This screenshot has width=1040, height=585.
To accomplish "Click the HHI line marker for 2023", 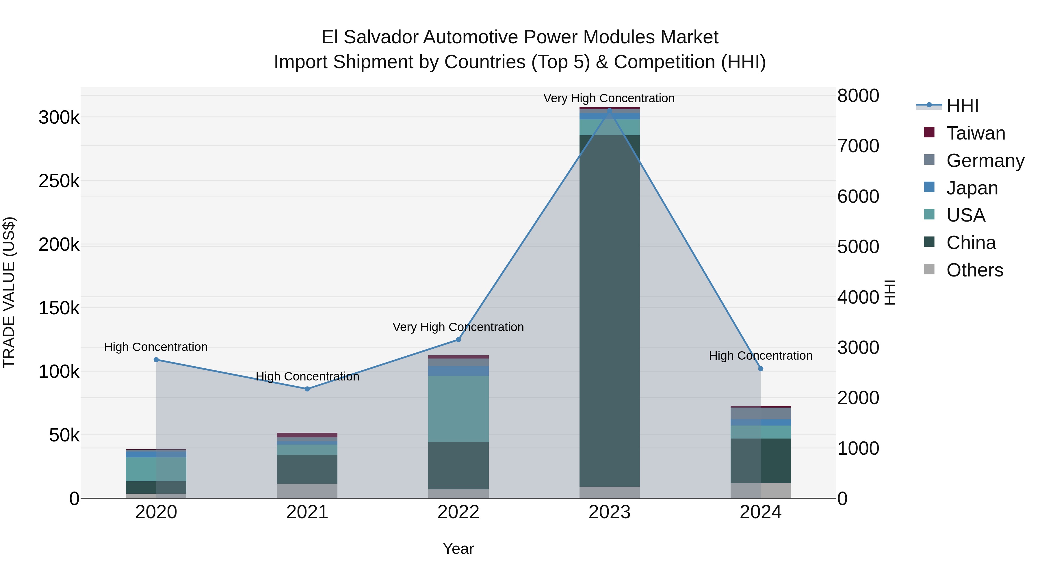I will [x=609, y=110].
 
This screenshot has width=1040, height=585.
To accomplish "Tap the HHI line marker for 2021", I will [x=307, y=389].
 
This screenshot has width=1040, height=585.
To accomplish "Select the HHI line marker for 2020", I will [x=156, y=360].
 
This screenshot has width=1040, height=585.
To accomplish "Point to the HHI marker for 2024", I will [x=761, y=369].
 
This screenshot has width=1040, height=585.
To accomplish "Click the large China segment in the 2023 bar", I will [x=609, y=311].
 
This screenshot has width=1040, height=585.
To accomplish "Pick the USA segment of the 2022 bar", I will [x=458, y=408].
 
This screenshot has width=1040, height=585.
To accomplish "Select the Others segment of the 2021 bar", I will [x=307, y=491].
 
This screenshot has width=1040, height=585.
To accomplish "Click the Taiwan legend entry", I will [x=975, y=133].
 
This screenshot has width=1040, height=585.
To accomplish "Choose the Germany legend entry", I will [x=985, y=161].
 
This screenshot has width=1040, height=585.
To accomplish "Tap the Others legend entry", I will [x=974, y=270].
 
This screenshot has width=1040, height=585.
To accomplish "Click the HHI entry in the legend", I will [x=962, y=106].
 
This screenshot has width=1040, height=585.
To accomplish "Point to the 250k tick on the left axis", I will [x=59, y=181].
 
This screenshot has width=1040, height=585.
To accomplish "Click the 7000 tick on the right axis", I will [x=858, y=146].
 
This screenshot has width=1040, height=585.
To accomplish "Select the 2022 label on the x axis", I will [x=458, y=512].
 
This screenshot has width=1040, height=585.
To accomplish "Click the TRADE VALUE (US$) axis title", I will [x=9, y=292].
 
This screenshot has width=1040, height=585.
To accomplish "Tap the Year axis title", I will [x=458, y=549].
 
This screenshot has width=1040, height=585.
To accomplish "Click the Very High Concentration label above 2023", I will [x=609, y=98].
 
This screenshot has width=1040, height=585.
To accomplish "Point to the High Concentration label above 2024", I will [x=761, y=356].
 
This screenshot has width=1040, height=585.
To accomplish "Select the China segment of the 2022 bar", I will [x=458, y=465].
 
